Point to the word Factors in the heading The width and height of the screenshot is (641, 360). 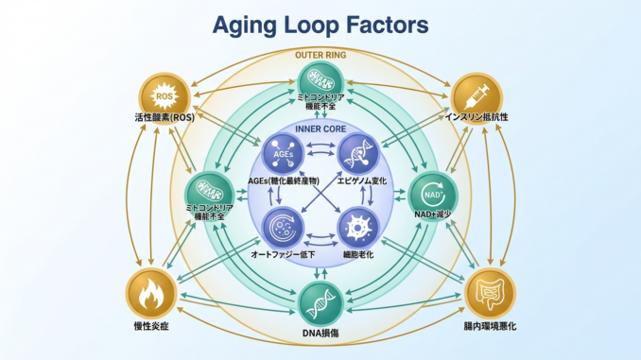coord(390,23)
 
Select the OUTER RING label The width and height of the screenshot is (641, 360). coord(320,55)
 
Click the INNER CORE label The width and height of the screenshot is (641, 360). coord(321,128)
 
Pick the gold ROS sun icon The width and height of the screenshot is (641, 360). coord(165,95)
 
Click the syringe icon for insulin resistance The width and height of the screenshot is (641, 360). coord(476,95)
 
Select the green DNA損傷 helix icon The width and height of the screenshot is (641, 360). coord(320,303)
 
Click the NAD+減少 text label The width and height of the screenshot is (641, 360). coord(430,216)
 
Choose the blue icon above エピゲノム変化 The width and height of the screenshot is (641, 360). coord(360,152)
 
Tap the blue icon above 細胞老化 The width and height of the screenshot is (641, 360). coord(360,229)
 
